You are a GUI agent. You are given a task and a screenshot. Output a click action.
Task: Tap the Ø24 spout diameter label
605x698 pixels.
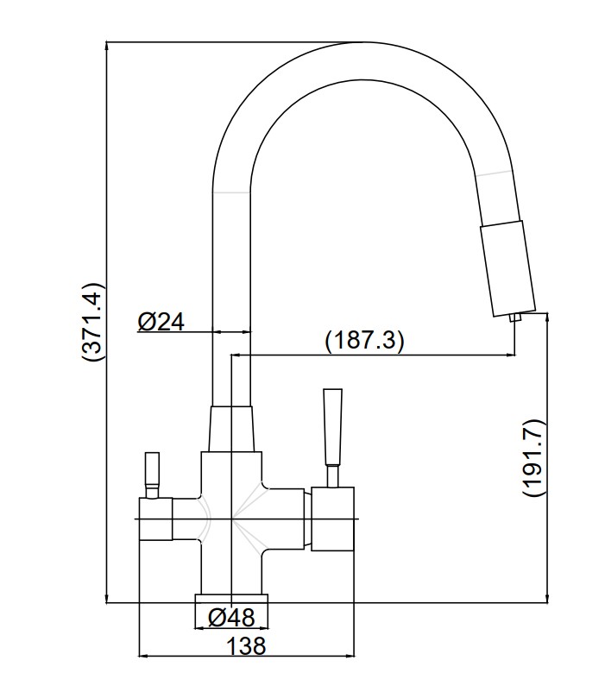click(161, 322)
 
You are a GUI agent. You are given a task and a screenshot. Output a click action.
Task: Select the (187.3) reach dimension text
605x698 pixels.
click(364, 341)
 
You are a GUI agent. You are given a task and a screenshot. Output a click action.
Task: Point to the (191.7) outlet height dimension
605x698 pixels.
click(534, 456)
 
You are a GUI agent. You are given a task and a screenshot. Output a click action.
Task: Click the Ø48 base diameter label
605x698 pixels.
click(231, 618)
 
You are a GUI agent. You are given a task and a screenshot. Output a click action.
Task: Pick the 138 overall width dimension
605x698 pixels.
click(247, 645)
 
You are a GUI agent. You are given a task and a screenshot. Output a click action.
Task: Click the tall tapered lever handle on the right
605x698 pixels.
click(332, 428)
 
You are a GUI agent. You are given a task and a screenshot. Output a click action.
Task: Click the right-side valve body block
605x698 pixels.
click(331, 519)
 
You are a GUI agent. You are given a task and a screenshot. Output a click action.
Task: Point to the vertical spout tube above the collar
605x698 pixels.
click(231, 285)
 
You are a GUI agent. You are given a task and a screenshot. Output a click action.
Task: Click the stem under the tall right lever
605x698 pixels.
click(332, 476)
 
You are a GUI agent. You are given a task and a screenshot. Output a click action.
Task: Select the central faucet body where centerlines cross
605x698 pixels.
click(231, 519)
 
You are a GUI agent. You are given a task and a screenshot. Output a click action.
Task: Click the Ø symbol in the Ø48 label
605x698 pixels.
click(217, 618)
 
